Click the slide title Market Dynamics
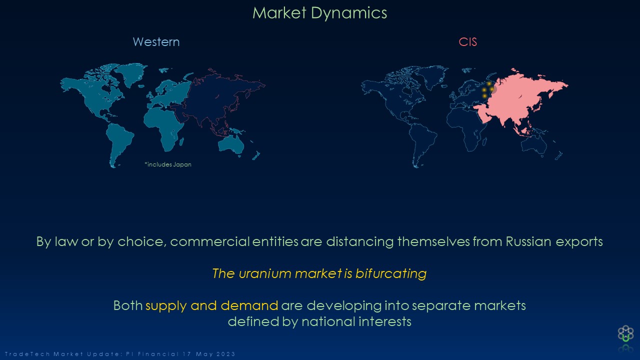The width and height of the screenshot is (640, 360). [319, 13]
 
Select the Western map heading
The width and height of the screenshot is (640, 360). [156, 42]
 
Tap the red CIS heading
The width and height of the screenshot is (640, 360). [467, 42]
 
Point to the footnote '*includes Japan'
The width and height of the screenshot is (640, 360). [168, 164]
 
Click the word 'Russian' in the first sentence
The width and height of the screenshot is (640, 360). [528, 241]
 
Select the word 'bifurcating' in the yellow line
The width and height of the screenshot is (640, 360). [391, 273]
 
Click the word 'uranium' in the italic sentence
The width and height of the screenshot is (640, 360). [265, 273]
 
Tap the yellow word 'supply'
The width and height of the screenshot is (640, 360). [166, 306]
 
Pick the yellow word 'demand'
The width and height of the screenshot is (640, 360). [249, 305]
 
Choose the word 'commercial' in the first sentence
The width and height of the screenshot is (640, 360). [210, 241]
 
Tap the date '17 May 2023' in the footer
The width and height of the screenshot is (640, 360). [209, 354]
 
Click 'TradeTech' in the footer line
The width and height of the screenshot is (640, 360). [27, 354]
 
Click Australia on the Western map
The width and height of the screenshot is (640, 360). [231, 145]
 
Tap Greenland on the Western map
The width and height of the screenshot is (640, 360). [131, 73]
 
